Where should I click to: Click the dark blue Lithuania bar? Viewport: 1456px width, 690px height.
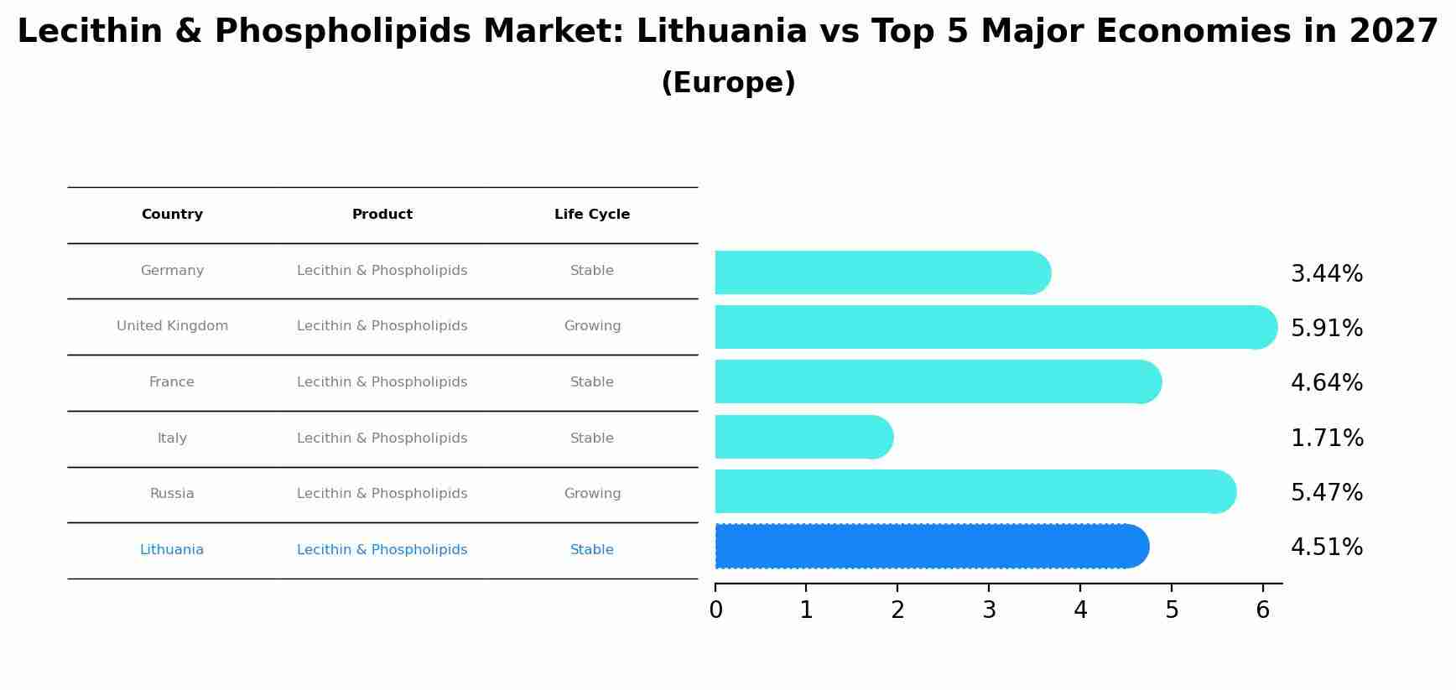931,547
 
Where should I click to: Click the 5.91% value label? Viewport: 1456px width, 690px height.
1326,328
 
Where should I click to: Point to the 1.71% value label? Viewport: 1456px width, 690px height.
1326,438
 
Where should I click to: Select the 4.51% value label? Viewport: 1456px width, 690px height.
1326,547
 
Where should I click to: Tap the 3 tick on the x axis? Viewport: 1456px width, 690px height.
989,610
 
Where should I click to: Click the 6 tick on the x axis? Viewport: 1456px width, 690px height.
1262,610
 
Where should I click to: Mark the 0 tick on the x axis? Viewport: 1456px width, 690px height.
715,610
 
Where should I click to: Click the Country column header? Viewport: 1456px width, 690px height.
172,215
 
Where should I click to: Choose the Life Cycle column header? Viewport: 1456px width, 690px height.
591,215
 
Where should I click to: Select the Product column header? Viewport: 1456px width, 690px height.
382,215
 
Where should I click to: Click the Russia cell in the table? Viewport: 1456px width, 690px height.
172,494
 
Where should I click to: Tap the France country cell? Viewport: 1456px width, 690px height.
172,382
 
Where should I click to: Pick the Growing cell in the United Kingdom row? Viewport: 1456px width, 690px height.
592,326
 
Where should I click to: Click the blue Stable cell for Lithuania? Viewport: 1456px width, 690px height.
591,550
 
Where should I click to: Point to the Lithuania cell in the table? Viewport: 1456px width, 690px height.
172,550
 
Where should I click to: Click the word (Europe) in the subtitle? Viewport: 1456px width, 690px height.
728,83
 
